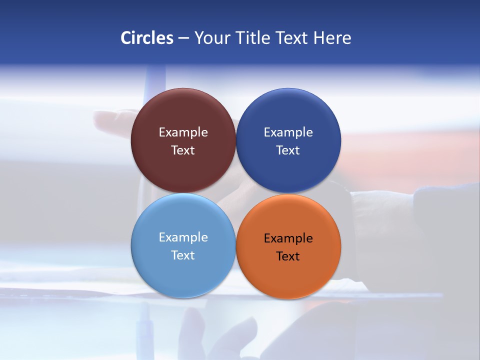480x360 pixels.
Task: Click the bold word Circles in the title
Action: (x=147, y=38)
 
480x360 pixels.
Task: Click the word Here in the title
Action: (x=332, y=38)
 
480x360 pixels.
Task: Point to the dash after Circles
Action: (x=183, y=38)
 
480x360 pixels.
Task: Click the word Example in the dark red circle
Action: (x=183, y=132)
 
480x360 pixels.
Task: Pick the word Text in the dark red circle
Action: (x=183, y=150)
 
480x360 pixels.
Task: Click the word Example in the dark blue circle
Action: (x=288, y=132)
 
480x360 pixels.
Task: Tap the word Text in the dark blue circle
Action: (x=288, y=150)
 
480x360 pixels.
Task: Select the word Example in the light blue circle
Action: (x=183, y=237)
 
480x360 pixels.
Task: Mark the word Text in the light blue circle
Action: (x=183, y=255)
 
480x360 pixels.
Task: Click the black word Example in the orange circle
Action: (x=288, y=238)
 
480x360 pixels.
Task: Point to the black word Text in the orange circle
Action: (x=288, y=256)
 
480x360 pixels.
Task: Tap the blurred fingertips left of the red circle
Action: (x=107, y=119)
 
